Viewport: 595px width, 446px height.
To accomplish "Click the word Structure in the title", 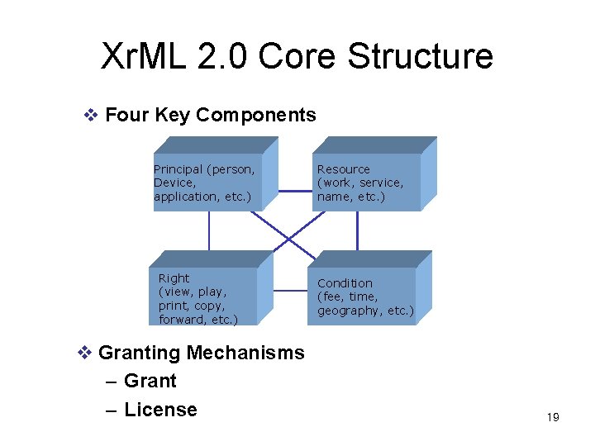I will [420, 56].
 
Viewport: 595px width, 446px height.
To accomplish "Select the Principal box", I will [207, 183].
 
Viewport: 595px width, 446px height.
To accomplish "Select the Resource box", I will [368, 183].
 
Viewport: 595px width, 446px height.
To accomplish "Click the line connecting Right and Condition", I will [291, 291].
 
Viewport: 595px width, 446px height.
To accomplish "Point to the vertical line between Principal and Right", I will [209, 230].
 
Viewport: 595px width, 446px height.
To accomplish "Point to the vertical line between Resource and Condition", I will [357, 230].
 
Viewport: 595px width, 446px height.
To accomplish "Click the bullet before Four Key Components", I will [93, 115].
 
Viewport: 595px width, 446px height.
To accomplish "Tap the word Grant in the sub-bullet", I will [150, 381].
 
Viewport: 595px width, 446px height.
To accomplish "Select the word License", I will [160, 410].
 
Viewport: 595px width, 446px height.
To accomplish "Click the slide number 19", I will [553, 417].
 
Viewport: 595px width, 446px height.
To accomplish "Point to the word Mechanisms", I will [245, 353].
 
